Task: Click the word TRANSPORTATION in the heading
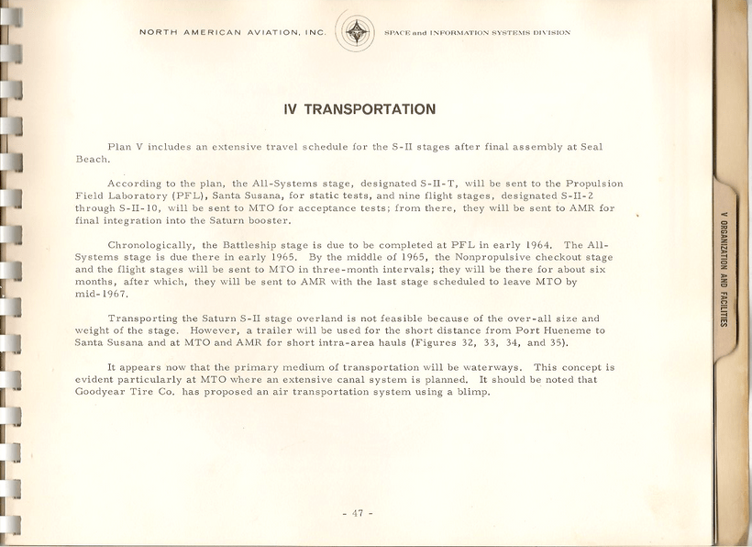[370, 110]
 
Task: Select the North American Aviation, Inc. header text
[232, 33]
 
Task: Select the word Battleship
[267, 245]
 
